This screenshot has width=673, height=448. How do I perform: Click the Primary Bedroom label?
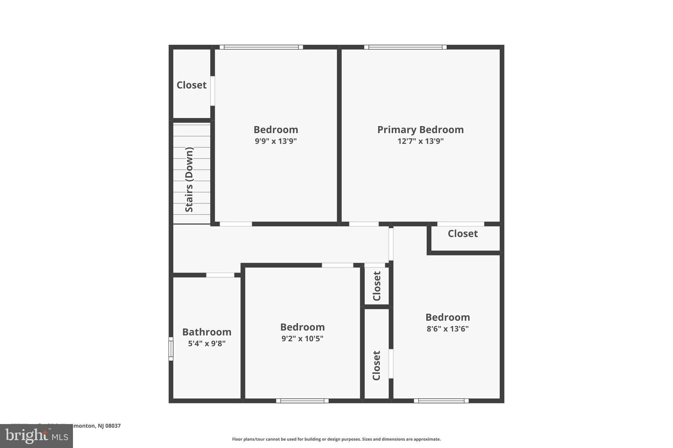click(x=420, y=130)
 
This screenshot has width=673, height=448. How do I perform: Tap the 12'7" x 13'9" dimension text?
click(x=420, y=141)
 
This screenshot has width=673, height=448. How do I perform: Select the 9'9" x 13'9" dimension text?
click(x=276, y=141)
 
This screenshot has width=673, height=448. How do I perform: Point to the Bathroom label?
click(x=207, y=332)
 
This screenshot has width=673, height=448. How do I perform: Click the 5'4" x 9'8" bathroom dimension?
click(x=207, y=344)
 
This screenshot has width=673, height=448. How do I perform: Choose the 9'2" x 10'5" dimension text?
click(x=302, y=338)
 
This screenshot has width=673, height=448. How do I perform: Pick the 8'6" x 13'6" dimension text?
click(x=448, y=329)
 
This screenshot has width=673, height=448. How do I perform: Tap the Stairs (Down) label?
click(x=189, y=180)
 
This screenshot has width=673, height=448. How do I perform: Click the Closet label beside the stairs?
click(x=192, y=85)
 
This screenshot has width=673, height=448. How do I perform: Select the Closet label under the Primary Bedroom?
click(x=463, y=234)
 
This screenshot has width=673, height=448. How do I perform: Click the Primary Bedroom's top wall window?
click(x=405, y=47)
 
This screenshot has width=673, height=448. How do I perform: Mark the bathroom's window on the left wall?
click(x=171, y=349)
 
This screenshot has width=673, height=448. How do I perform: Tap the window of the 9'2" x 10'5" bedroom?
click(x=302, y=401)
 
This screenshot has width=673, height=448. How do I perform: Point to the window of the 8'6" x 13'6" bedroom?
click(x=441, y=401)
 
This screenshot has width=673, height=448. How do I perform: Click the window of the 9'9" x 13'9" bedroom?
click(x=261, y=47)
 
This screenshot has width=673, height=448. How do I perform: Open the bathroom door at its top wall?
click(x=220, y=275)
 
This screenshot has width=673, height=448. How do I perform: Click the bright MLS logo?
click(x=36, y=436)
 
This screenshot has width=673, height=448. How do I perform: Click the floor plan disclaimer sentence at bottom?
click(x=336, y=439)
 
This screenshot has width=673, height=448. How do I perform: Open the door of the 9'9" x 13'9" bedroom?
click(x=236, y=224)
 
